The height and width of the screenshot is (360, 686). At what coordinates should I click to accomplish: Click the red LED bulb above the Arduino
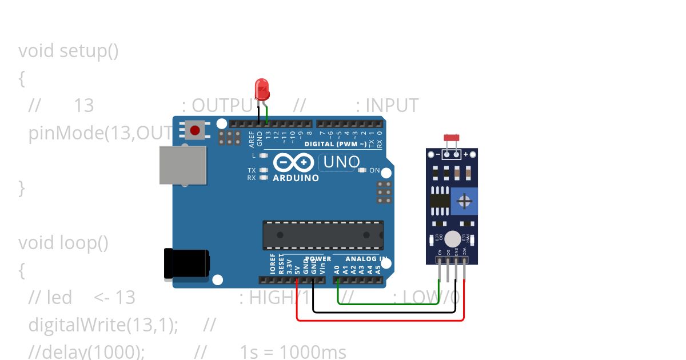point(261,89)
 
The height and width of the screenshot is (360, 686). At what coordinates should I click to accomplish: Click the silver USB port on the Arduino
point(182,165)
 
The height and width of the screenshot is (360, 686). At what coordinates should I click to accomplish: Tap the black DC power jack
point(186,264)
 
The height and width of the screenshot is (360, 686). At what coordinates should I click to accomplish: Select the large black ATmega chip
point(323,235)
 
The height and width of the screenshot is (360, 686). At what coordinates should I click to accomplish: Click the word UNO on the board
point(341,162)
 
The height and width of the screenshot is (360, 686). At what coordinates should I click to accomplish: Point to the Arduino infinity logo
point(293,163)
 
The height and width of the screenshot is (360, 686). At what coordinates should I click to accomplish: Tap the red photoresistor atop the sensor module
point(452,138)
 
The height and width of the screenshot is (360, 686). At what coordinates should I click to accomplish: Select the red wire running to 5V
point(380,320)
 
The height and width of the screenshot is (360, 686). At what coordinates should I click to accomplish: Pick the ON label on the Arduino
point(374,170)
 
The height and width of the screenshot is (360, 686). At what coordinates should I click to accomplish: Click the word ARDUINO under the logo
point(296,178)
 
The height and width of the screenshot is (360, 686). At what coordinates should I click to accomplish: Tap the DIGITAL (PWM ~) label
point(335,144)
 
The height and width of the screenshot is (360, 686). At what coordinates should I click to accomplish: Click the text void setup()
point(69,51)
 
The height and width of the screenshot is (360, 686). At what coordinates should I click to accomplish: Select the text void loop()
point(63,243)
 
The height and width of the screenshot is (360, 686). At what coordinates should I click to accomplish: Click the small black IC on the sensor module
point(440,201)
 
